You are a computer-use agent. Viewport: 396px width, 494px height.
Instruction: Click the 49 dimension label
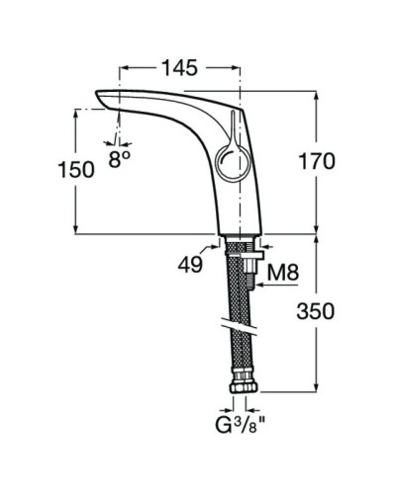click(x=192, y=264)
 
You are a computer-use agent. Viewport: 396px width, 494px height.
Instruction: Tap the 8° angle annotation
click(x=121, y=158)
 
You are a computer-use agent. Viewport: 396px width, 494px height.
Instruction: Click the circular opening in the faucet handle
click(x=228, y=157)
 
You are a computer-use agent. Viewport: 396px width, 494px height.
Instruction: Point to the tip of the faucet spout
click(x=99, y=96)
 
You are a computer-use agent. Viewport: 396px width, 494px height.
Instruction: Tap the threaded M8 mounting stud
click(x=254, y=272)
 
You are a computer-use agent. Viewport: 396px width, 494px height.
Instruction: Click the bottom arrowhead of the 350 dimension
click(x=317, y=389)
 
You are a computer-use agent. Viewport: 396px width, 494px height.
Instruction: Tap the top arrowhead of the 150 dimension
click(x=75, y=112)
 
